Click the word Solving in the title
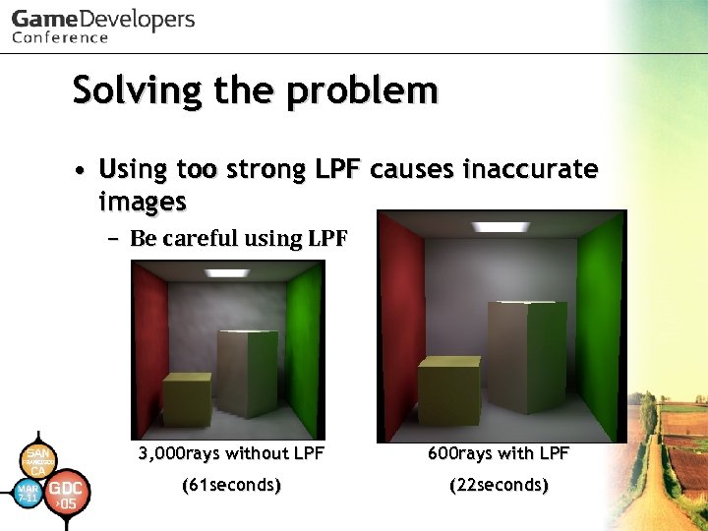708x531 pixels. point(120,91)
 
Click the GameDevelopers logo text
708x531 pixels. point(103,20)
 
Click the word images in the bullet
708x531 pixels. point(143,202)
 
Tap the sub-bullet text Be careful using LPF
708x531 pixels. point(238,238)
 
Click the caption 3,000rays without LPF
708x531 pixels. point(231,453)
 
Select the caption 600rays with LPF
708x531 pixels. point(499,453)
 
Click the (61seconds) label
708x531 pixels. point(232,485)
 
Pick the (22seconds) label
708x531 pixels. point(499,485)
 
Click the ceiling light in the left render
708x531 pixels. point(227,272)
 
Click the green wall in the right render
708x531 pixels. point(600,324)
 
